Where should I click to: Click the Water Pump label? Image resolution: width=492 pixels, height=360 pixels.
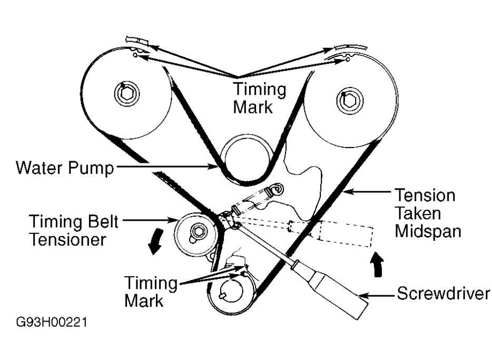tap(64, 168)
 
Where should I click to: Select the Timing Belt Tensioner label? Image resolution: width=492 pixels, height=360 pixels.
tap(73, 230)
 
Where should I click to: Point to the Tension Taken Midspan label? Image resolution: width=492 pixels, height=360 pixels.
tap(425, 213)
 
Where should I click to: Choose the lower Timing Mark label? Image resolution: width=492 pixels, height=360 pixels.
tap(151, 291)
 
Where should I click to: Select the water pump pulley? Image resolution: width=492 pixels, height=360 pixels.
tap(244, 157)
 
